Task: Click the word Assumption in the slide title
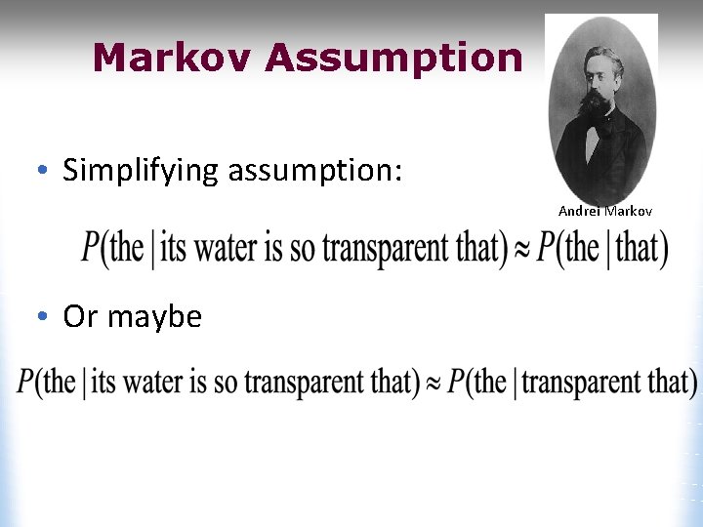(x=393, y=59)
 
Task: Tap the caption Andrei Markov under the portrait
(x=604, y=211)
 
